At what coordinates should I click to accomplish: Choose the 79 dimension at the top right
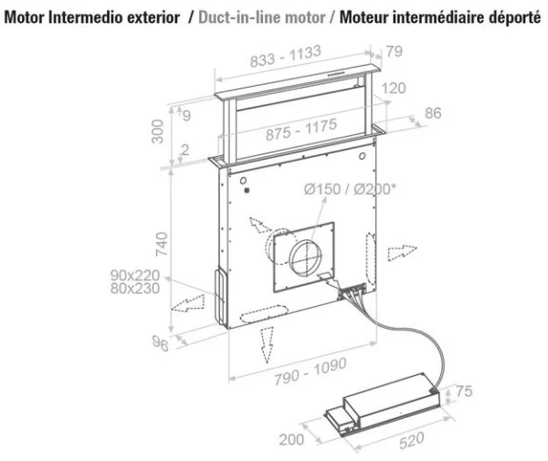pos(394,51)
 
